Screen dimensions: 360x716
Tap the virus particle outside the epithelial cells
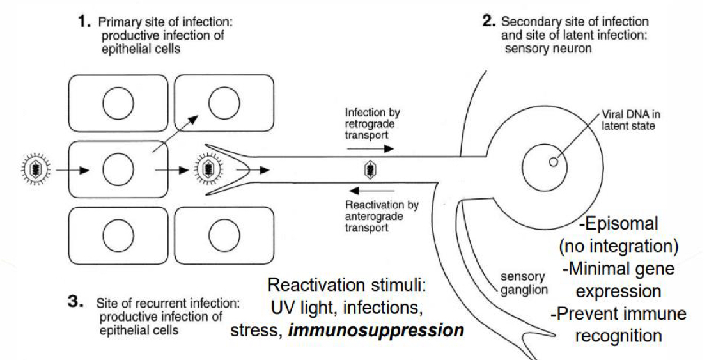point(33,171)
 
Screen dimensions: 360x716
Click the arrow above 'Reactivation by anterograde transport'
point(371,191)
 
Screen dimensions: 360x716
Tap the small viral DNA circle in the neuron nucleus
point(553,162)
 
